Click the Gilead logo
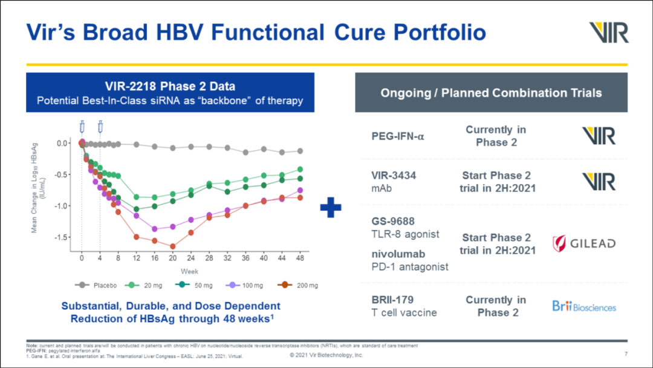click(x=583, y=243)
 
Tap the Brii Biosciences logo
click(x=583, y=306)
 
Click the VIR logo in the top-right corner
click(x=608, y=33)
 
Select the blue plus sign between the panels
click(x=331, y=208)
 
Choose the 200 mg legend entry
click(x=297, y=284)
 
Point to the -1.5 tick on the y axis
click(x=62, y=237)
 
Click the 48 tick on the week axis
click(x=300, y=257)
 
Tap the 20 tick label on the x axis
click(x=172, y=257)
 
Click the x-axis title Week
click(x=189, y=271)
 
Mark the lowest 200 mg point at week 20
click(x=173, y=246)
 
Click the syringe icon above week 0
click(x=82, y=127)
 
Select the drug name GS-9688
click(x=393, y=222)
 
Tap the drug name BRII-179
click(x=392, y=300)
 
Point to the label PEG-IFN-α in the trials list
click(x=398, y=136)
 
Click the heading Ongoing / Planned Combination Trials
click(x=490, y=93)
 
